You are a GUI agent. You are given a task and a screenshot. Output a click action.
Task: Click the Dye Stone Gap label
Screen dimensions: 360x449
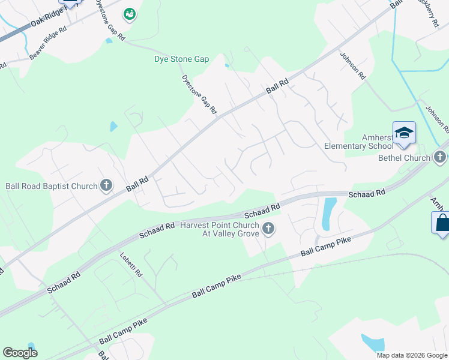tap(181, 59)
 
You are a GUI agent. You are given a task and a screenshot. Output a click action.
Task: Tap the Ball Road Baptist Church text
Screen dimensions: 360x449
tap(51, 186)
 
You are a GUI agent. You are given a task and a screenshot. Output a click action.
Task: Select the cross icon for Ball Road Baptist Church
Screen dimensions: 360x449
tap(107, 185)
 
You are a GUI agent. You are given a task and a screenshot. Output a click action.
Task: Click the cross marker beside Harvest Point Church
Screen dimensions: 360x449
tap(268, 228)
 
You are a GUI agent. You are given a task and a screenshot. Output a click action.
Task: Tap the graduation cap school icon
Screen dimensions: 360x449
tap(404, 133)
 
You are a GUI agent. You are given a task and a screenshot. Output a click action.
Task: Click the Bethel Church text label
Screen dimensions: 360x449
tap(404, 158)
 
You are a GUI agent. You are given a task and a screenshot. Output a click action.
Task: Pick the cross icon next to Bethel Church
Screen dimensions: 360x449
tap(440, 158)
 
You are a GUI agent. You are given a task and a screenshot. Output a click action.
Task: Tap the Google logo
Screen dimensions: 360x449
tap(20, 353)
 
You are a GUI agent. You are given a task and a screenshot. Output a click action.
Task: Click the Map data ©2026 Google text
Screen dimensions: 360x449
tap(412, 355)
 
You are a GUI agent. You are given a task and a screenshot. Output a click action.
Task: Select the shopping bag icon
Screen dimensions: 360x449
tap(442, 223)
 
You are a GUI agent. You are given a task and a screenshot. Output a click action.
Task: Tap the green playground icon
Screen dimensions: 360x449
tap(129, 13)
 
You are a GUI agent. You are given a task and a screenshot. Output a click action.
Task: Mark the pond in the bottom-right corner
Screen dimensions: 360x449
tap(373, 343)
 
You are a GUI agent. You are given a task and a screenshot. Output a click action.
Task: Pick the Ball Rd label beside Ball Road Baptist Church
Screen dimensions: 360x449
tap(137, 184)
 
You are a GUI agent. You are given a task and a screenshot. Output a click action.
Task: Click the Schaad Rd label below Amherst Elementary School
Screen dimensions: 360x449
tap(367, 194)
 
